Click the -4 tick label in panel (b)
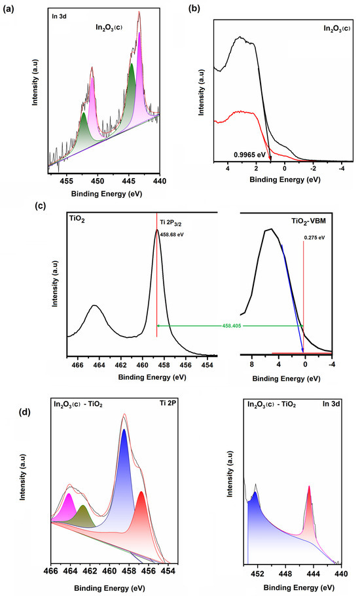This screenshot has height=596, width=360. click(341, 169)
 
